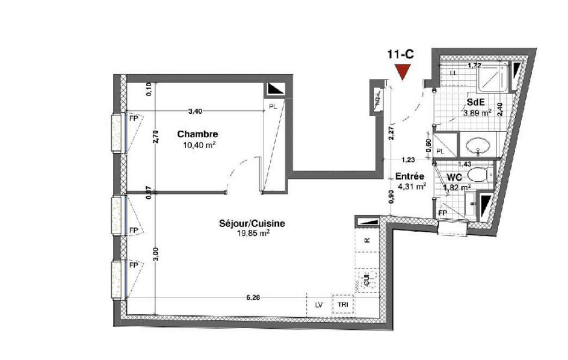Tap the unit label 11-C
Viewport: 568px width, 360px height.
pyautogui.click(x=401, y=54)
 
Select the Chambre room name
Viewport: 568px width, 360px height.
pyautogui.click(x=197, y=134)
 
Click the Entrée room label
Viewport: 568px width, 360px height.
pyautogui.click(x=410, y=176)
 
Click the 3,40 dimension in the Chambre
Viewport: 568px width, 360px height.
pyautogui.click(x=196, y=111)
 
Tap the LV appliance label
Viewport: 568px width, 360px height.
pyautogui.click(x=319, y=305)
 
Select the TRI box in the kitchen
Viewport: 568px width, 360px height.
pyautogui.click(x=343, y=305)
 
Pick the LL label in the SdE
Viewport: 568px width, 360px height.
pyautogui.click(x=452, y=73)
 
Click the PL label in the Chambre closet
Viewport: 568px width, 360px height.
pyautogui.click(x=273, y=107)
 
